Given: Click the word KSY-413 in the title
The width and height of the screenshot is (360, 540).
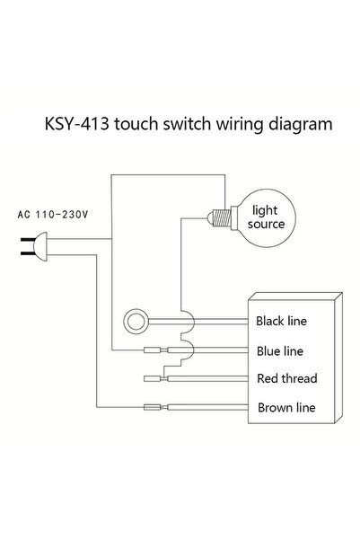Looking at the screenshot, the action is click(x=76, y=124).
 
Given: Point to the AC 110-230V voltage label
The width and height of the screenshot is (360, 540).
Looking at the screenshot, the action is click(x=53, y=215).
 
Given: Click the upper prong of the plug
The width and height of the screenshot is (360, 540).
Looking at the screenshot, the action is click(x=27, y=240).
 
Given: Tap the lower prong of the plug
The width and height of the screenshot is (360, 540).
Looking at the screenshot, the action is click(x=27, y=253).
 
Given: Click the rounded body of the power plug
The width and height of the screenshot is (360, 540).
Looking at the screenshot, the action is click(x=40, y=246).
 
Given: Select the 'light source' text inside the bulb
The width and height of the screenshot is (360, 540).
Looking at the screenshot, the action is click(x=266, y=217).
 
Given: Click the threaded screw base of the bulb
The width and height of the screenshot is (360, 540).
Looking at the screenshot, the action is click(x=222, y=218).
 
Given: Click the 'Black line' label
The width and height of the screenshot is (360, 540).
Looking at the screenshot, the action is click(x=281, y=321).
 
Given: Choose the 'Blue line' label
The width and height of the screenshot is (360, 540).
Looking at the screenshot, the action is click(x=280, y=351).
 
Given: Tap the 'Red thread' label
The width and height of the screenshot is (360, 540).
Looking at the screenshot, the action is click(x=287, y=378).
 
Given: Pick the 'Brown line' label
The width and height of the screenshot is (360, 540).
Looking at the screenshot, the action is click(x=286, y=408).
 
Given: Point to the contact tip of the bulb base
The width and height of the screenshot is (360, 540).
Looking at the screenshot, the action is click(x=210, y=218).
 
